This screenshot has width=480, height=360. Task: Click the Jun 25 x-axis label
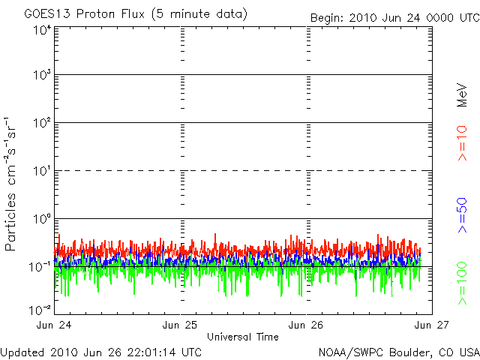181,325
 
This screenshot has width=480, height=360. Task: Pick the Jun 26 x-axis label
307,325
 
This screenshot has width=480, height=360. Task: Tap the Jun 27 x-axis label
433,325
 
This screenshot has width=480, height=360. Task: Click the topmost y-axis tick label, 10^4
41,30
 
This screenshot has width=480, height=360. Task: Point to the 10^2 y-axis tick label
41,123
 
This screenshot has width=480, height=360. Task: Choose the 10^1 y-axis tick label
41,171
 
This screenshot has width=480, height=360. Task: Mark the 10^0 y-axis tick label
41,219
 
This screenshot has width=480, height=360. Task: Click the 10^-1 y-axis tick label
40,266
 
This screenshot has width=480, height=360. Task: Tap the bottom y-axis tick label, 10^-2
40,309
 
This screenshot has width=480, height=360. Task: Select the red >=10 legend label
462,142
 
